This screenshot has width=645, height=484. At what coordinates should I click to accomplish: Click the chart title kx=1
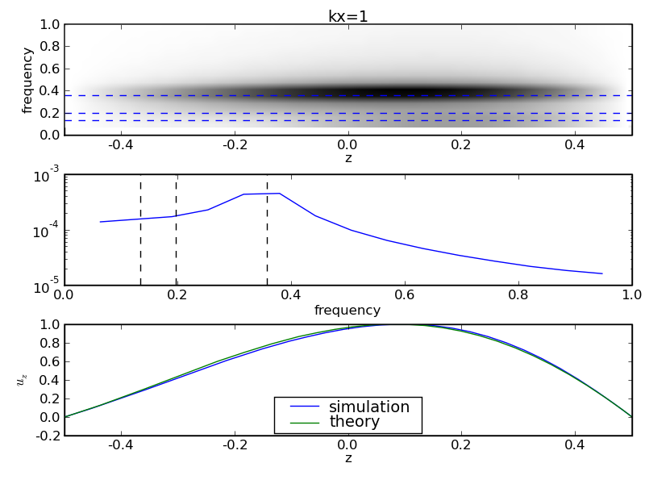pyautogui.click(x=347, y=16)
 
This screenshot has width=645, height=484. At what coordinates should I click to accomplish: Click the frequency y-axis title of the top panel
pyautogui.click(x=27, y=80)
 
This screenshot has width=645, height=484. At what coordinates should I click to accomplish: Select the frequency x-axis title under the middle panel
pyautogui.click(x=347, y=311)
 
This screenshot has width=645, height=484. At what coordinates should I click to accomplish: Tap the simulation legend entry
pyautogui.click(x=368, y=407)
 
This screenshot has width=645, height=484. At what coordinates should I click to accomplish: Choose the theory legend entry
pyautogui.click(x=354, y=422)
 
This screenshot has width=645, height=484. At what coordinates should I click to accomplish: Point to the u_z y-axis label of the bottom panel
pyautogui.click(x=22, y=380)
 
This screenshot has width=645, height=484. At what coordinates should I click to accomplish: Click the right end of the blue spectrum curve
pyautogui.click(x=601, y=273)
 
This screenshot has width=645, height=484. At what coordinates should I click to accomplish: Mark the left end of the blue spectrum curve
pyautogui.click(x=100, y=222)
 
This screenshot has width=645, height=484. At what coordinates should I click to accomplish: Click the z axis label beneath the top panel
pyautogui.click(x=347, y=158)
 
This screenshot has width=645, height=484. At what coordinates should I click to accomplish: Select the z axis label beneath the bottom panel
pyautogui.click(x=347, y=458)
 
